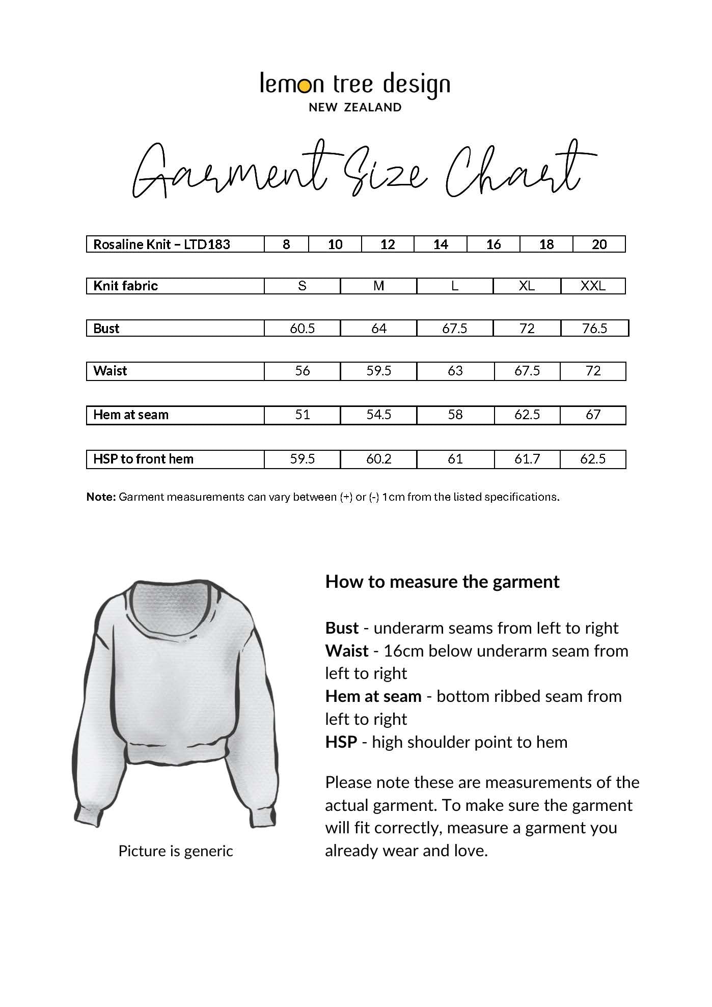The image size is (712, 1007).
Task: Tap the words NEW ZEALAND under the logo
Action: pos(355,107)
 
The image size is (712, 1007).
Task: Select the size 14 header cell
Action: pos(441,244)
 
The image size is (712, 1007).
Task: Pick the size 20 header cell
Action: pos(599,244)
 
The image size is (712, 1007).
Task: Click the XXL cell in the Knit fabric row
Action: pos(593,286)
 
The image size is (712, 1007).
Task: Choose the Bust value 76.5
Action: pos(594,329)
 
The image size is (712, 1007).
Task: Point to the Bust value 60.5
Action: pos(302,329)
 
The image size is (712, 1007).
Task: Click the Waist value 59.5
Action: pos(378,371)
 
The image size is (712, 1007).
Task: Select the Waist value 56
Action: pos(302,371)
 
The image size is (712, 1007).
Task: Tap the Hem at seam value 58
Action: pos(455,415)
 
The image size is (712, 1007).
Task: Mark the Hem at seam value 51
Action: pos(302,415)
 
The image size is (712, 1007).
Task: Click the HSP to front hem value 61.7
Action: pos(527,459)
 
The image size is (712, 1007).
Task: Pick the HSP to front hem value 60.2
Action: pos(378,459)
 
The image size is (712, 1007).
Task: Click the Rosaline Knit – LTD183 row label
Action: pos(161,244)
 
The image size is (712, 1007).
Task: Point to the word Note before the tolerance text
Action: pos(101,497)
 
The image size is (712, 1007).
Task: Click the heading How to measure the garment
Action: pos(442,582)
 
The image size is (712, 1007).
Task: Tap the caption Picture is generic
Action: pos(175,851)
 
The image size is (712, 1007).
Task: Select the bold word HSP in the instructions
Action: pos(341,742)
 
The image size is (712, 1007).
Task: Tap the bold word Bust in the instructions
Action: pos(342,628)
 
